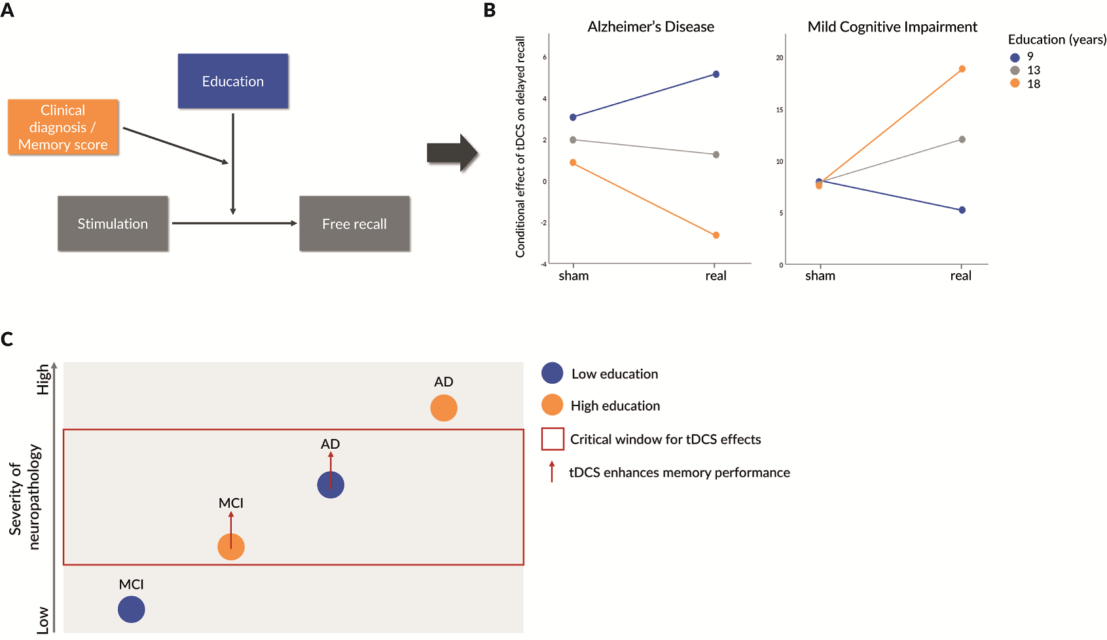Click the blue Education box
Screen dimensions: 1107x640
(x=233, y=81)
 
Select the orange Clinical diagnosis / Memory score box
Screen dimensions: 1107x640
(x=64, y=127)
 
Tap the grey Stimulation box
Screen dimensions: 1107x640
(x=113, y=223)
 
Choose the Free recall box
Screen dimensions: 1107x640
(x=354, y=223)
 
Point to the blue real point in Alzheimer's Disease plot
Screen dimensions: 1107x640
(x=716, y=74)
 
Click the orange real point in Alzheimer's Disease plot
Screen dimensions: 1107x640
(x=716, y=235)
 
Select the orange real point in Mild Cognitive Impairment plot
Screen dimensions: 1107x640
(x=962, y=69)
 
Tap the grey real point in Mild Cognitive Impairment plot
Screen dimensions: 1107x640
(x=962, y=140)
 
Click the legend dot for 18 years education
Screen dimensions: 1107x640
(x=1015, y=84)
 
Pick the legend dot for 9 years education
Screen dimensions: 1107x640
(x=1015, y=57)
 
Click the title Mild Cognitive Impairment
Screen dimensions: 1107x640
(x=892, y=27)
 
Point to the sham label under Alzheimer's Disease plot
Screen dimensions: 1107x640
(x=573, y=276)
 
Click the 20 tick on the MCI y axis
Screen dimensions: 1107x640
(x=779, y=58)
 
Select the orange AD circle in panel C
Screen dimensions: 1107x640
(x=444, y=408)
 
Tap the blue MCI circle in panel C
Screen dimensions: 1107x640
(x=132, y=609)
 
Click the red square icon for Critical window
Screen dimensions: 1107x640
(x=553, y=439)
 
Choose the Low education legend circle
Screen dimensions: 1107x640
(x=553, y=373)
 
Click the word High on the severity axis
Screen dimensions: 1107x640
(x=43, y=379)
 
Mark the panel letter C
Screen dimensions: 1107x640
(x=7, y=339)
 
